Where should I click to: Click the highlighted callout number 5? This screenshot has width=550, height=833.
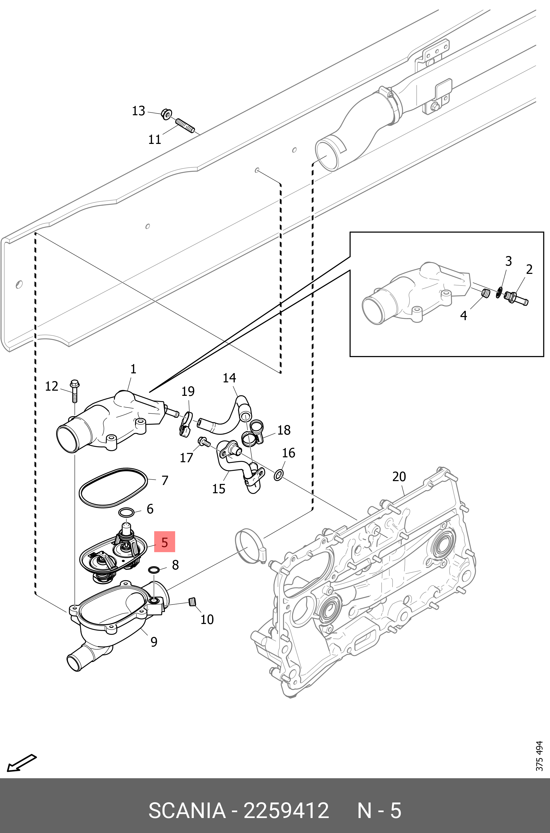(165, 542)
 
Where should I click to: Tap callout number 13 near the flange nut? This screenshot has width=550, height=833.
(139, 111)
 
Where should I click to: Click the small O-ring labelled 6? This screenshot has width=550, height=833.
(126, 513)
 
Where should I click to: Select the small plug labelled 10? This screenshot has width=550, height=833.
(192, 601)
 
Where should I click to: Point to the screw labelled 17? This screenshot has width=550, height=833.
(203, 442)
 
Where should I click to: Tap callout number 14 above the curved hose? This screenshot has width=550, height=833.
(229, 378)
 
